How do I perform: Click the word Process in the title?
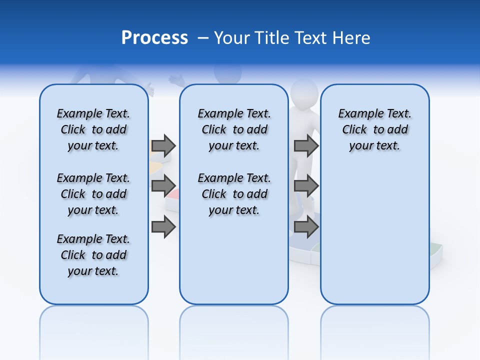click(154, 37)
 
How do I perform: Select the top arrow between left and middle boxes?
click(163, 145)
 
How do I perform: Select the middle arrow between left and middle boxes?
click(163, 186)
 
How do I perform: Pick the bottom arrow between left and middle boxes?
click(163, 227)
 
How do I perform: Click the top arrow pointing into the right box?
click(306, 145)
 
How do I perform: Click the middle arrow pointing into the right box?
click(306, 186)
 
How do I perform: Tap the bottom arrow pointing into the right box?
click(306, 227)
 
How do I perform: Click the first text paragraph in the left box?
click(93, 129)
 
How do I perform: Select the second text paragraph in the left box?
click(93, 194)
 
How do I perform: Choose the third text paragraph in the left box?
click(93, 255)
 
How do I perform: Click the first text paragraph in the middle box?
click(234, 129)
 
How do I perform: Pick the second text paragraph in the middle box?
click(234, 194)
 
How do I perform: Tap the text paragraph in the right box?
click(374, 129)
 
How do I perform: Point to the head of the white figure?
click(304, 92)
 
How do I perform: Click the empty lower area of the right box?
click(374, 240)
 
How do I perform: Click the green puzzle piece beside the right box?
click(436, 248)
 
